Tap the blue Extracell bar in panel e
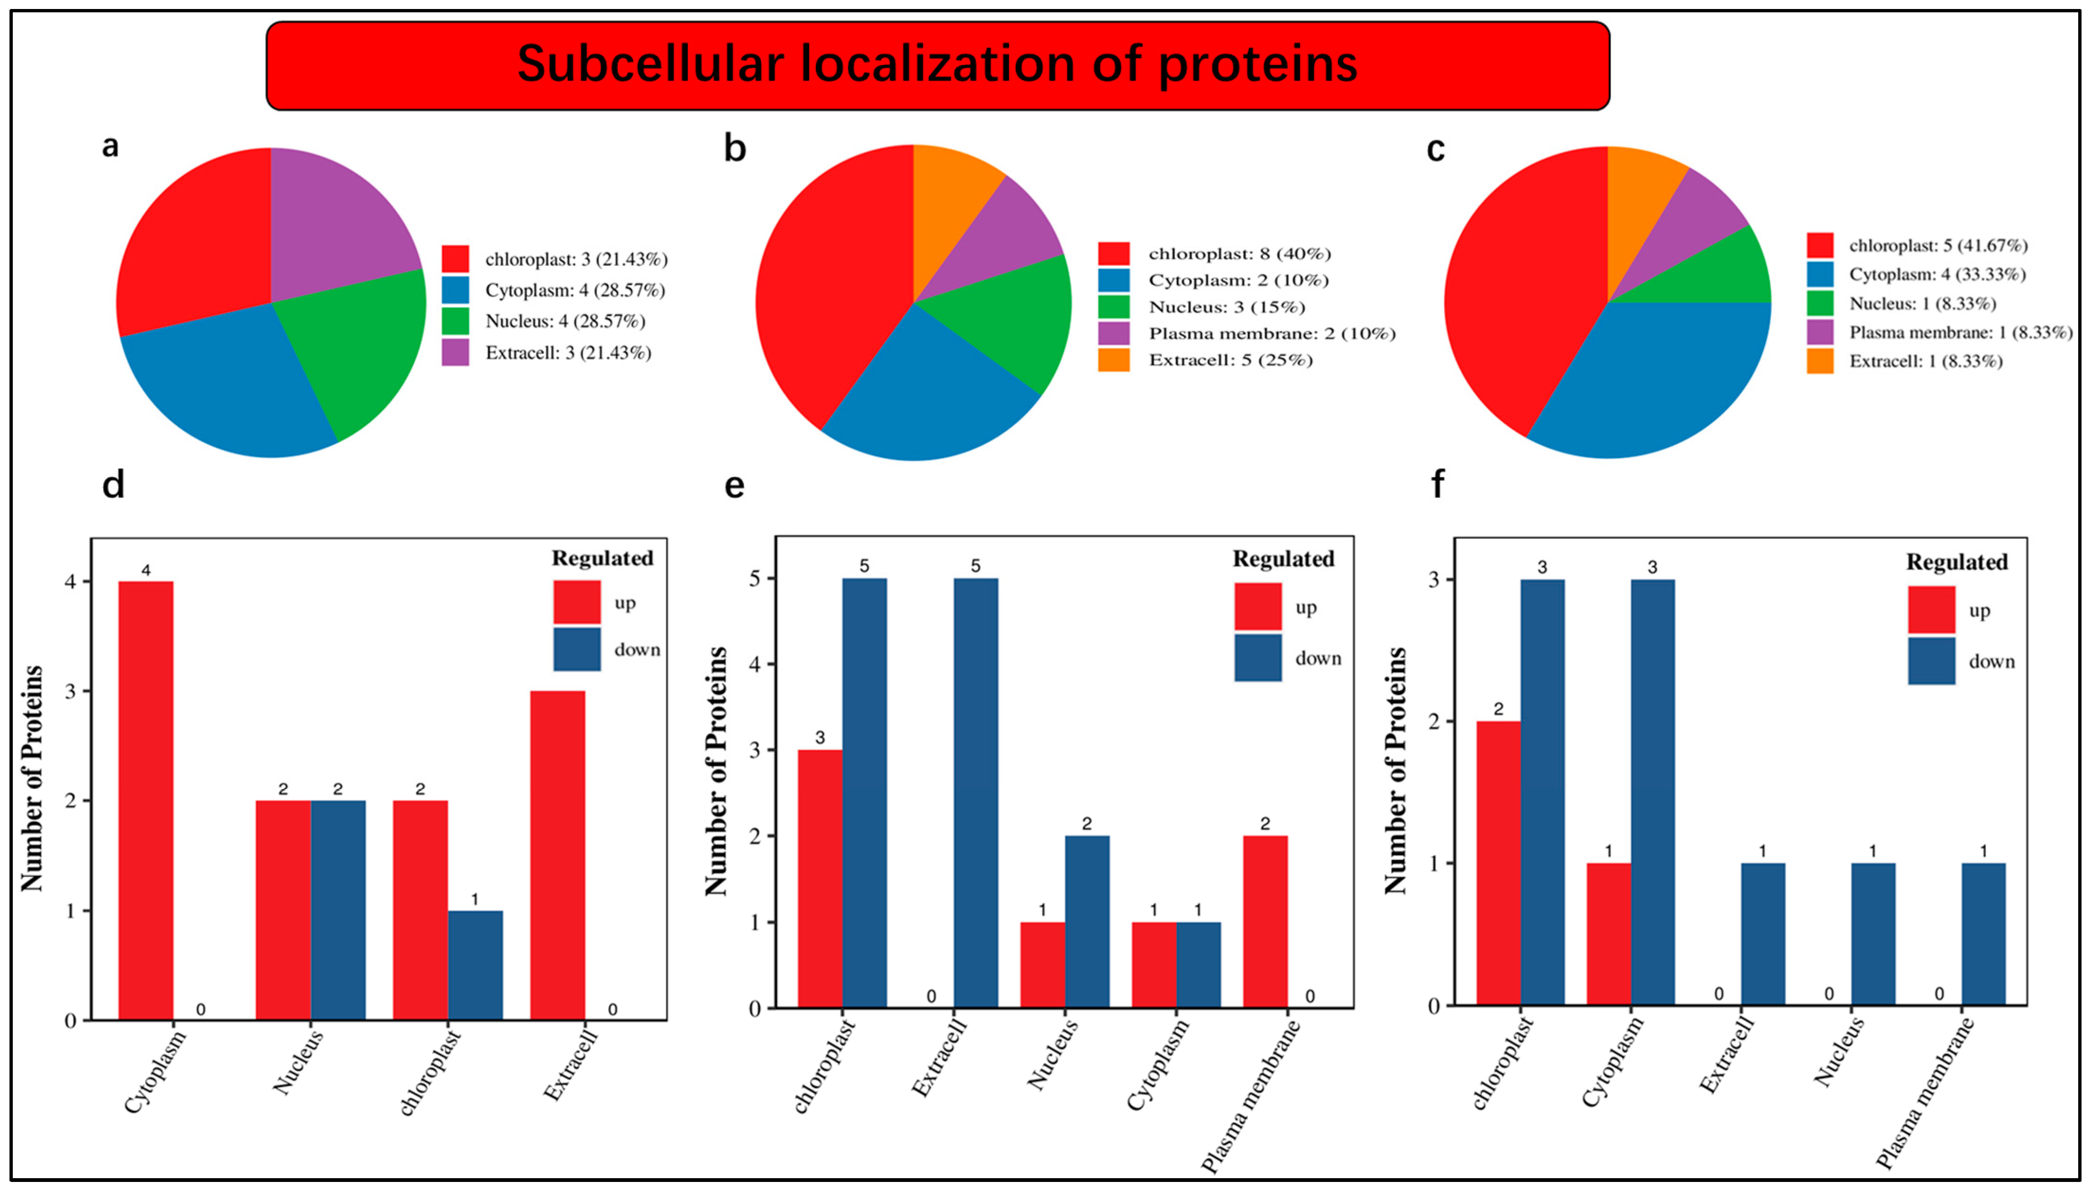(976, 793)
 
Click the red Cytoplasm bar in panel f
(1608, 934)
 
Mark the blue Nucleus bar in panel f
(1873, 934)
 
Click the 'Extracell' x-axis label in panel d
(570, 1065)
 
